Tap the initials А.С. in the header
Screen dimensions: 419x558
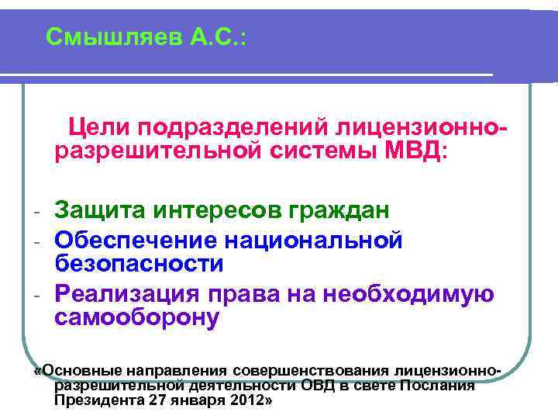coord(216,36)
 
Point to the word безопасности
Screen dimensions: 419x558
coord(139,264)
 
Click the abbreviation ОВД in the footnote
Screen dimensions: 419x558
coord(319,386)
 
